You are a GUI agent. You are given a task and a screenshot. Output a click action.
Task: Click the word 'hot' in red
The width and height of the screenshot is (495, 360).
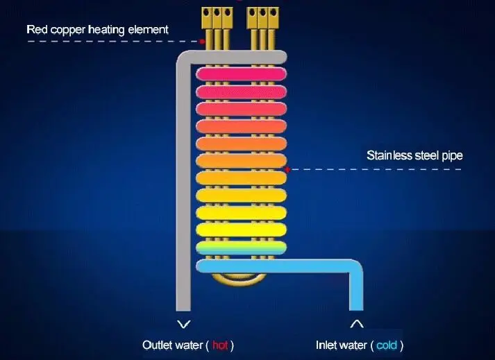[220, 345]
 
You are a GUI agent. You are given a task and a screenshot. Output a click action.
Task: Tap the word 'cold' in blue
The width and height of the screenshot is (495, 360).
[387, 345]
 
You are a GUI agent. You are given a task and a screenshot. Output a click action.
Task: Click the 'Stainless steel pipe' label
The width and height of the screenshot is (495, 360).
[414, 155]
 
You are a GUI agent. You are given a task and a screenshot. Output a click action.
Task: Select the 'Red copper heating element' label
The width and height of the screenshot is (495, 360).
[97, 29]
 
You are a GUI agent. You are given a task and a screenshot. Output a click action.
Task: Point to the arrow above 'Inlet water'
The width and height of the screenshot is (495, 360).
[356, 323]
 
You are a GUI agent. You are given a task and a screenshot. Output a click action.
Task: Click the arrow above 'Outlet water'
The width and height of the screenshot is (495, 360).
[183, 324]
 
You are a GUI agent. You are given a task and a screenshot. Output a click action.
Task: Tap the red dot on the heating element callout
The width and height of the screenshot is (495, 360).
[202, 42]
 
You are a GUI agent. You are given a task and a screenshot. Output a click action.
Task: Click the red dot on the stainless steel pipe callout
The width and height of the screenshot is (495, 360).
[287, 169]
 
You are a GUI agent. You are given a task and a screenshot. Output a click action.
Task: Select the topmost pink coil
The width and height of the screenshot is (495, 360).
[241, 74]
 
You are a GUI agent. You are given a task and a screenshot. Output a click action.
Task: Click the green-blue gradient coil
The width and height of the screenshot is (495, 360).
[241, 247]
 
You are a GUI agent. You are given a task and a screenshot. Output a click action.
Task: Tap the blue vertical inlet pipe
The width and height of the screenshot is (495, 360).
[356, 291]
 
